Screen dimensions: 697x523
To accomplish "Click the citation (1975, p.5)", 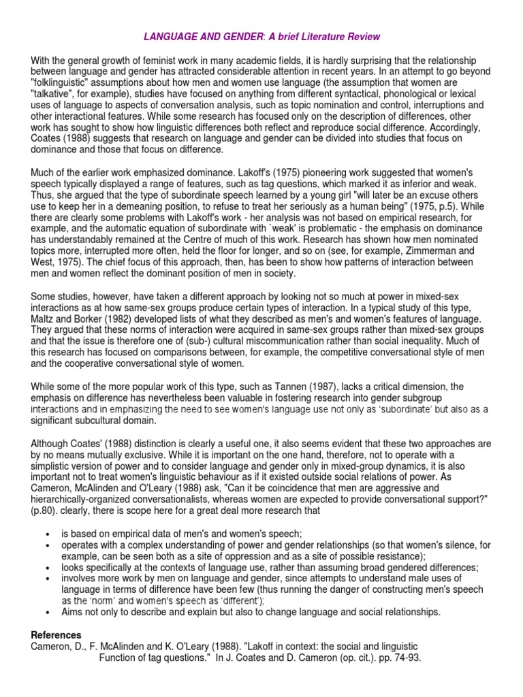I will tap(377, 206).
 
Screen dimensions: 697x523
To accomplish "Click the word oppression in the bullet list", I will tap(232, 557).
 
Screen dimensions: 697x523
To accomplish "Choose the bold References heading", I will tap(56, 634).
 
